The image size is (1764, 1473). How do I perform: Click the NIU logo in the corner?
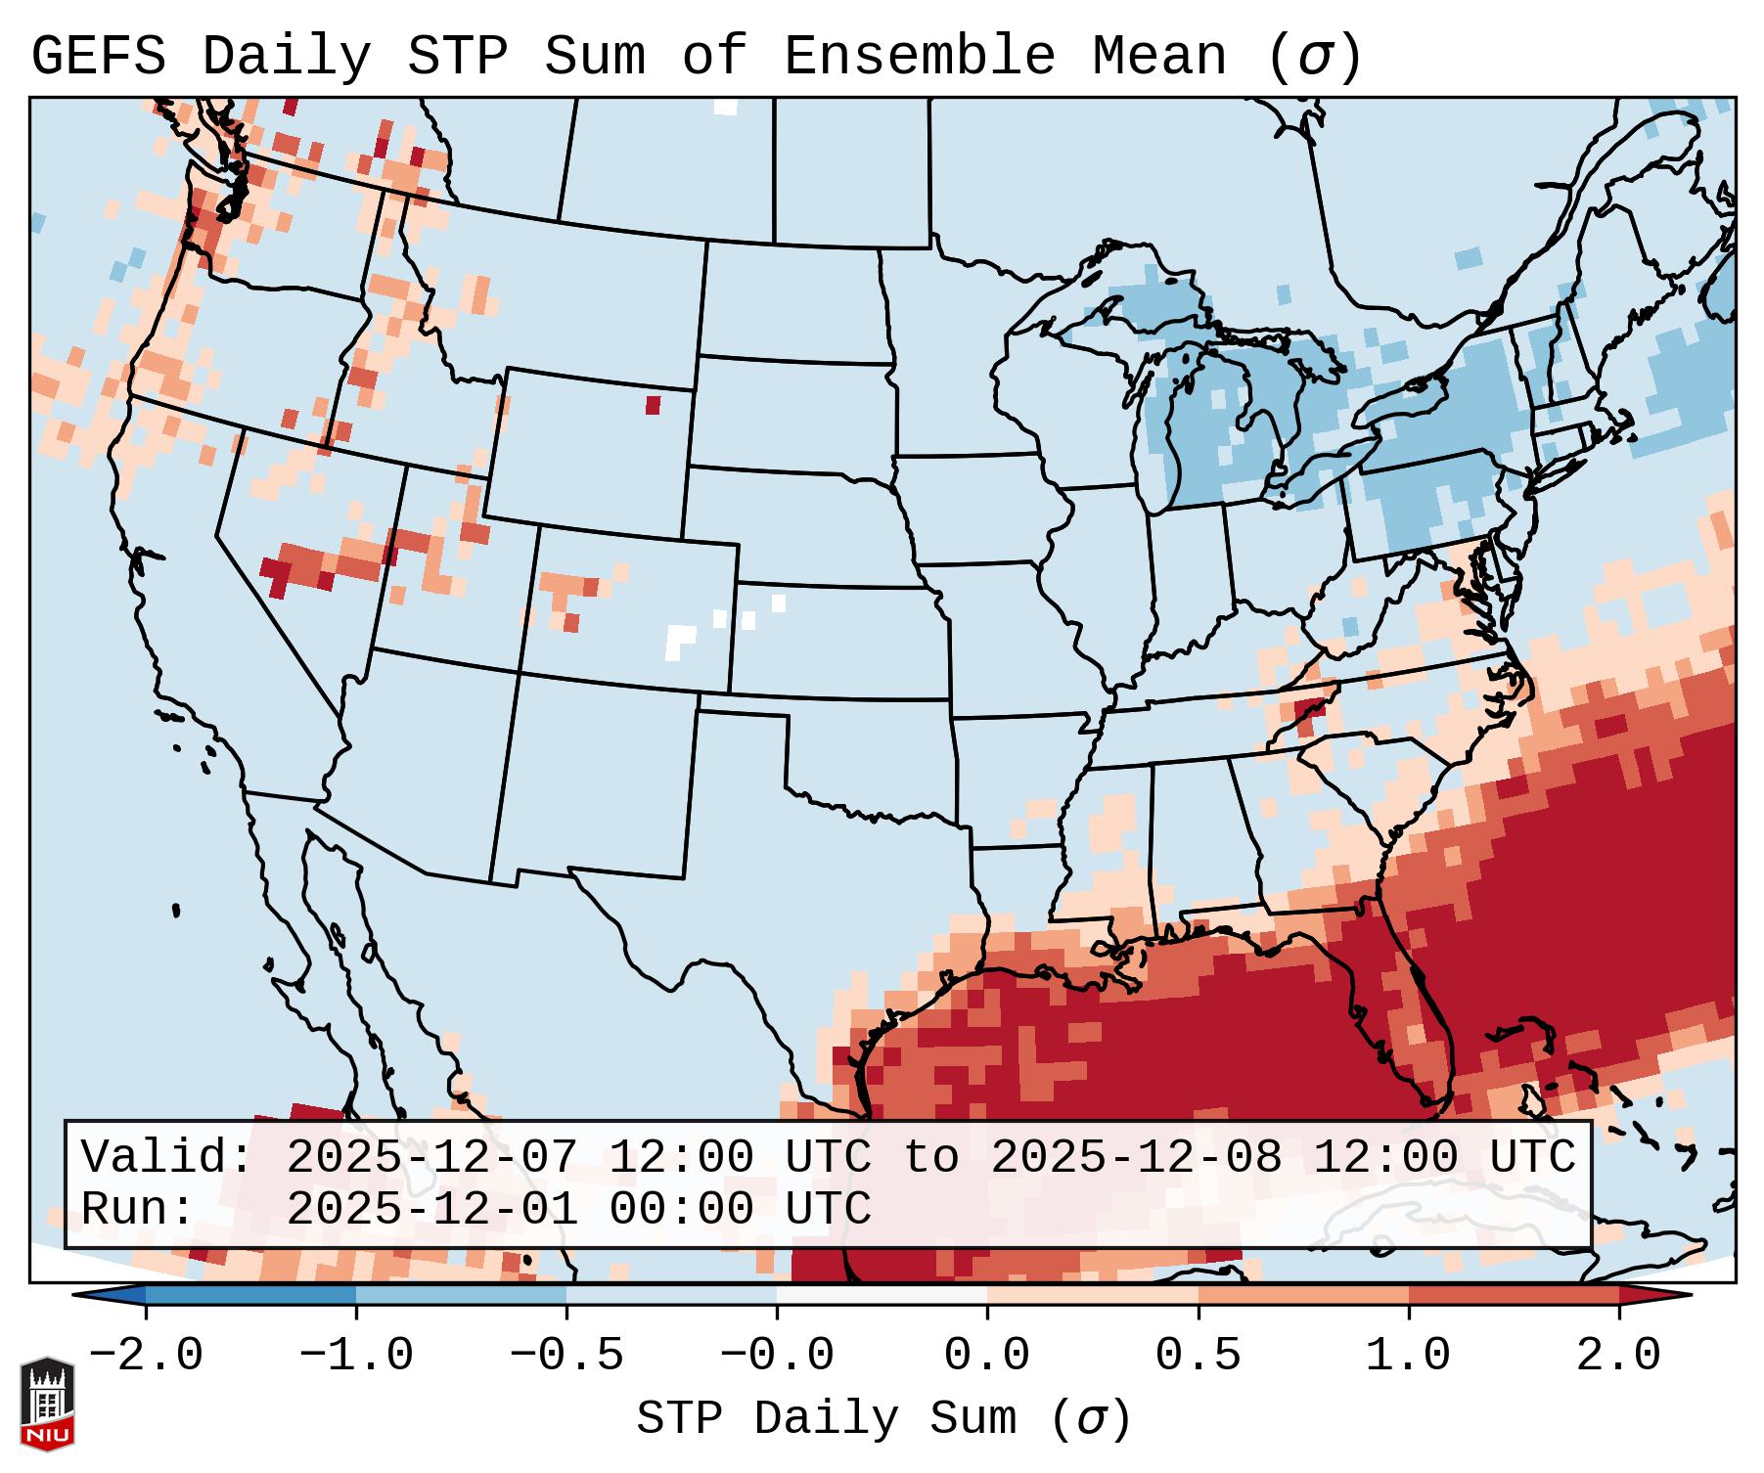[46, 1404]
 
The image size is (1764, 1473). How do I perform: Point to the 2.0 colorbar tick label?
[1618, 1356]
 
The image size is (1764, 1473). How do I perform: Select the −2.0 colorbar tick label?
[146, 1356]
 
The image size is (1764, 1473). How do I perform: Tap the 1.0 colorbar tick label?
[1408, 1356]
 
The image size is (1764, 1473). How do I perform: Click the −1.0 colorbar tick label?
[356, 1356]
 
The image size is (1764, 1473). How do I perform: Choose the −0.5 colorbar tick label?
[566, 1356]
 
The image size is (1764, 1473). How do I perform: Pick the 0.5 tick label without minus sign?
[1198, 1356]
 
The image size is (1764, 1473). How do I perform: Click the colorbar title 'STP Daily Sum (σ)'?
[883, 1419]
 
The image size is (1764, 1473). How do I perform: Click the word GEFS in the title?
[98, 57]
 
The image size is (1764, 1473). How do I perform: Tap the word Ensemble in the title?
[919, 57]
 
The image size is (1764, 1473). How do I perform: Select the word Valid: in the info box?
[167, 1158]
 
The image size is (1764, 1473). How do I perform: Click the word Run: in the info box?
[138, 1209]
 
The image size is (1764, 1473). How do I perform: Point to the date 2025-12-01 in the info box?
[431, 1209]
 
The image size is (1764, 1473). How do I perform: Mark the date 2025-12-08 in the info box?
[1136, 1158]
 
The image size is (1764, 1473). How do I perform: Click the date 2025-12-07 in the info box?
[431, 1158]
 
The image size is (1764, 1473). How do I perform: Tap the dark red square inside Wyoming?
[653, 405]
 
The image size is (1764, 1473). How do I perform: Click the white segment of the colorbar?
[882, 1295]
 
